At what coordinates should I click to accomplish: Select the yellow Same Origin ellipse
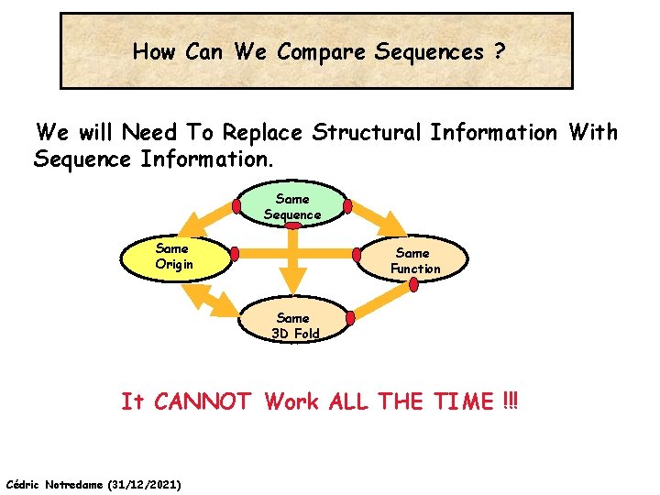pyautogui.click(x=173, y=257)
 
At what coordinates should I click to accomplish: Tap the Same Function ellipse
pyautogui.click(x=414, y=260)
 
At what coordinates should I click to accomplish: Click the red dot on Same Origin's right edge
pyautogui.click(x=235, y=254)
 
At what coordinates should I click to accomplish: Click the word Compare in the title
pyautogui.click(x=323, y=52)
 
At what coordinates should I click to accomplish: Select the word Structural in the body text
pyautogui.click(x=367, y=133)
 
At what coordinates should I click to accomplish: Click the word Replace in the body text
pyautogui.click(x=260, y=133)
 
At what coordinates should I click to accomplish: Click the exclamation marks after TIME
pyautogui.click(x=511, y=401)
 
